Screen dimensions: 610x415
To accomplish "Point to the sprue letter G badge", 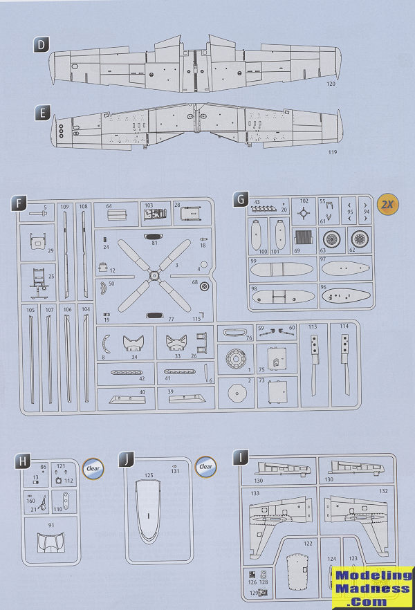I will (240, 200).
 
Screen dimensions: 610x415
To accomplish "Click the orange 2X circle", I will (388, 205).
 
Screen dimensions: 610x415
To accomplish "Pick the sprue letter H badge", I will (23, 460).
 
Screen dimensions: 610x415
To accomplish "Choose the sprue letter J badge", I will (127, 460).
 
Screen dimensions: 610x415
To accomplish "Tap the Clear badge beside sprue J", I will (205, 466).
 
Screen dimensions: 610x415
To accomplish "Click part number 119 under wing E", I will (333, 151).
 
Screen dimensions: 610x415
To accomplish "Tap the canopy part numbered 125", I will (150, 511).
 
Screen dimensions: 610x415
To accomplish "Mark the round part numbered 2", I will (237, 392).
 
